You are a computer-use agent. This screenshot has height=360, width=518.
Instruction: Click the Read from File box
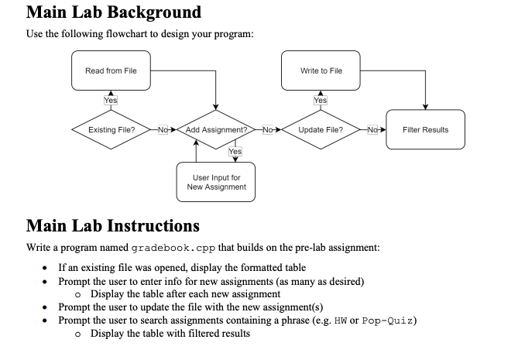[111, 71]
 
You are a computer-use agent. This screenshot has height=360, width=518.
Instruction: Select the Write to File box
[321, 71]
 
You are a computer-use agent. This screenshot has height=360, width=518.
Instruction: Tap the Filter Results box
[425, 130]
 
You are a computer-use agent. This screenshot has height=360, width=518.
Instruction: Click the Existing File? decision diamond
[111, 130]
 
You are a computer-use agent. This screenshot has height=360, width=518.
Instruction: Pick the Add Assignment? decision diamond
[216, 130]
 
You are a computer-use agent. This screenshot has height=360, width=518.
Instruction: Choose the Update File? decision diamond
[321, 130]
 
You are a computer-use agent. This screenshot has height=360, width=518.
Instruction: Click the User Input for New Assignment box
[216, 182]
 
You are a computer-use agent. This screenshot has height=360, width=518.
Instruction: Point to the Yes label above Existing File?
[111, 101]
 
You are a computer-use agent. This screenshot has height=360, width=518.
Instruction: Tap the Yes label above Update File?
[321, 101]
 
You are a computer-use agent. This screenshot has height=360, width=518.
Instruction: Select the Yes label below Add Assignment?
[235, 152]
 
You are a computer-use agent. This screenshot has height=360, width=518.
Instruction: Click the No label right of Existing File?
[163, 130]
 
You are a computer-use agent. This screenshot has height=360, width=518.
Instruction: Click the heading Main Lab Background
[113, 12]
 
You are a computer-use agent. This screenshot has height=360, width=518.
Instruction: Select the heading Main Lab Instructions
[112, 226]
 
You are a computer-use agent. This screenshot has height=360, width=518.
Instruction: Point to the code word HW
[339, 321]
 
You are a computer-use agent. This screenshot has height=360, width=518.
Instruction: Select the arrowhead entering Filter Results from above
[425, 107]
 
